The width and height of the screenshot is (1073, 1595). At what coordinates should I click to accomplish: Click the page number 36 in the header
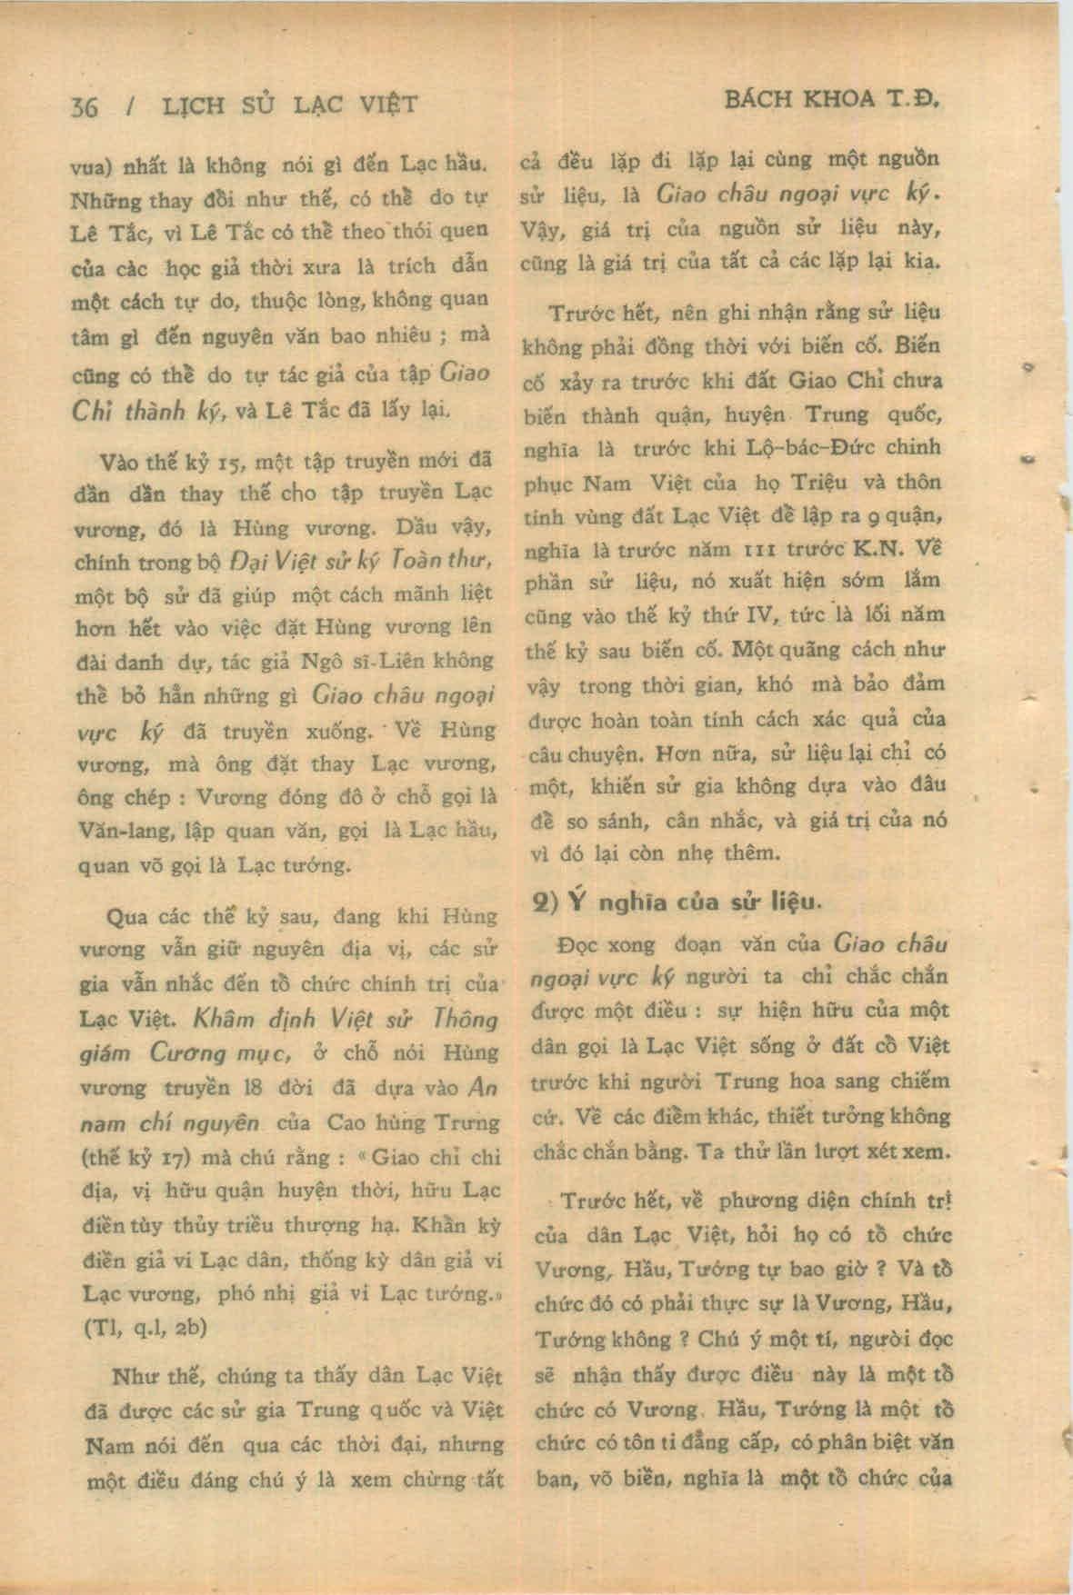84,105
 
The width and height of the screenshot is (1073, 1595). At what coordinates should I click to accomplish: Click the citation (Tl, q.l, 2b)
145,1326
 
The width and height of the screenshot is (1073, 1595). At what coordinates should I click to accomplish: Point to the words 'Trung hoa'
766,1082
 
